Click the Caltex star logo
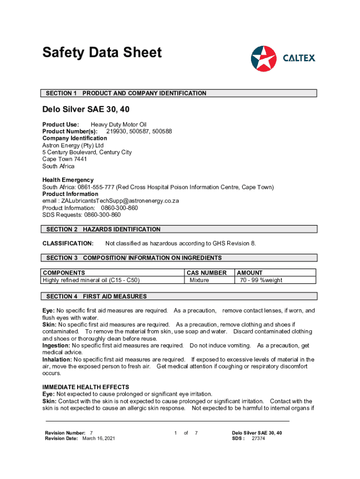click(264, 58)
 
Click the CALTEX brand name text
click(299, 58)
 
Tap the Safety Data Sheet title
click(102, 52)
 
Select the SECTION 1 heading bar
click(180, 93)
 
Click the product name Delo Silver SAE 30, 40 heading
click(86, 109)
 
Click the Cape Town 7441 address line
click(65, 159)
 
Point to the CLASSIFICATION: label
click(68, 243)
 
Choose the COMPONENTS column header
click(64, 273)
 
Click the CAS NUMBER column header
click(206, 273)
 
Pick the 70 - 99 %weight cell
click(261, 280)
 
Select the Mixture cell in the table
click(199, 280)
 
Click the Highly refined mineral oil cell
click(91, 280)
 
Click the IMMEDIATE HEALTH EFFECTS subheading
click(86, 387)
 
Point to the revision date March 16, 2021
click(99, 438)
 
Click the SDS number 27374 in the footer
click(258, 438)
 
